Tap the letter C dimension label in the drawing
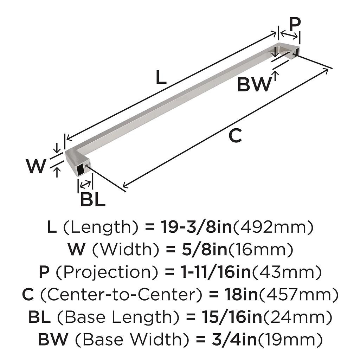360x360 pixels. (236, 136)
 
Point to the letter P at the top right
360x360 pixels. (295, 24)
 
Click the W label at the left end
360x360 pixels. (36, 166)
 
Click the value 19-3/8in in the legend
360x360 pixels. (197, 227)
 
